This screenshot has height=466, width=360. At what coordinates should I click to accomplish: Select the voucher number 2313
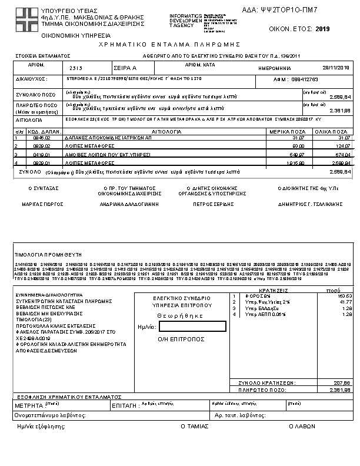[76, 68]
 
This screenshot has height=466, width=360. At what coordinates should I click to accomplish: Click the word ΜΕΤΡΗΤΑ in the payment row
[29, 406]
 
